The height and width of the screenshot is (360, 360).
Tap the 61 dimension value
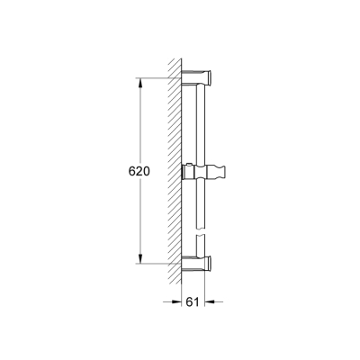(x=192, y=303)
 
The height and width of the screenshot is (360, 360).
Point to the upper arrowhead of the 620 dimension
(x=139, y=84)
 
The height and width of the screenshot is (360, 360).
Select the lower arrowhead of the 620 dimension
(x=139, y=260)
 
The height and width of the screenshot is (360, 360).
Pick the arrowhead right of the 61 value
(x=209, y=303)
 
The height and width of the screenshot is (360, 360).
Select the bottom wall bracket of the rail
(x=198, y=264)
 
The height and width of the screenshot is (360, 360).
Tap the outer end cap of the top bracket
(x=210, y=75)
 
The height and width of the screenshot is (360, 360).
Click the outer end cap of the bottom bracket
(x=210, y=264)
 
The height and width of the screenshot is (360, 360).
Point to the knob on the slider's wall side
(x=185, y=170)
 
